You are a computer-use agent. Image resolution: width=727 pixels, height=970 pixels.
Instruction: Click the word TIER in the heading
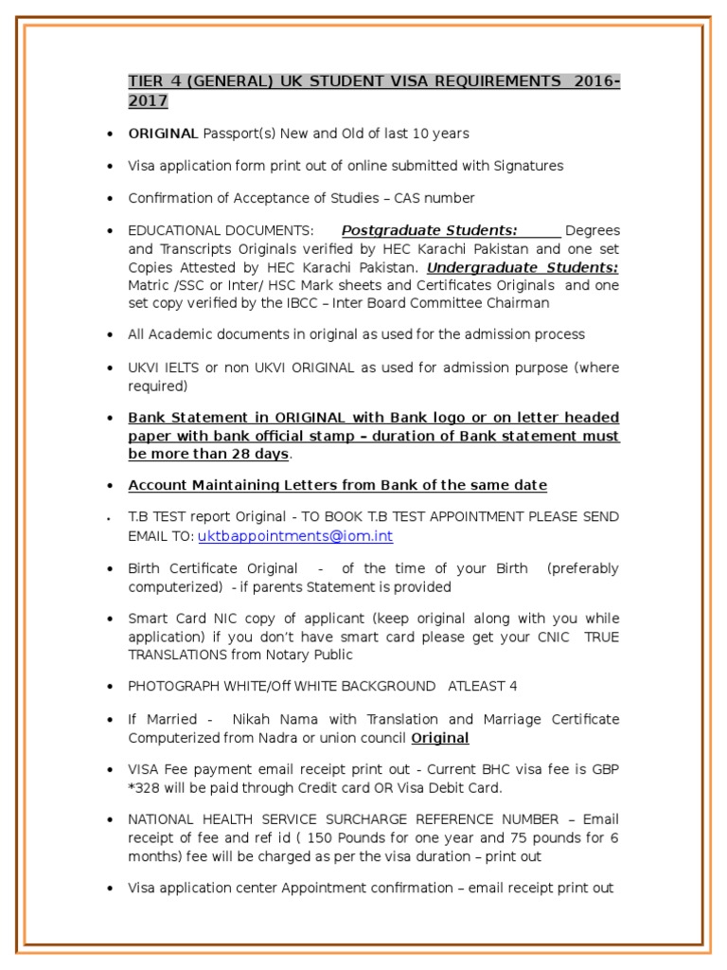(145, 81)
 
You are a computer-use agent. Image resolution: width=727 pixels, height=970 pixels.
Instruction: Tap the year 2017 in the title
(148, 100)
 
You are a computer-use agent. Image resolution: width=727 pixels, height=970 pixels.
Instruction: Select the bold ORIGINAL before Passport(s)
(163, 134)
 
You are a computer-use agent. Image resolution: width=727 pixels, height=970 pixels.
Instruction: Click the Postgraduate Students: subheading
(429, 230)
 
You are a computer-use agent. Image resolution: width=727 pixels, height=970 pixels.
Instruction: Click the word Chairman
(519, 303)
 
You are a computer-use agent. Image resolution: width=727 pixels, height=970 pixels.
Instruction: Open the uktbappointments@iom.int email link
(294, 536)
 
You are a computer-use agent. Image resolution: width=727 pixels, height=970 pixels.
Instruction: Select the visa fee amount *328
(147, 786)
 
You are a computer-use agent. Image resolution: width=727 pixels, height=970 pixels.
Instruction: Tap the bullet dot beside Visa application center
(113, 889)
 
